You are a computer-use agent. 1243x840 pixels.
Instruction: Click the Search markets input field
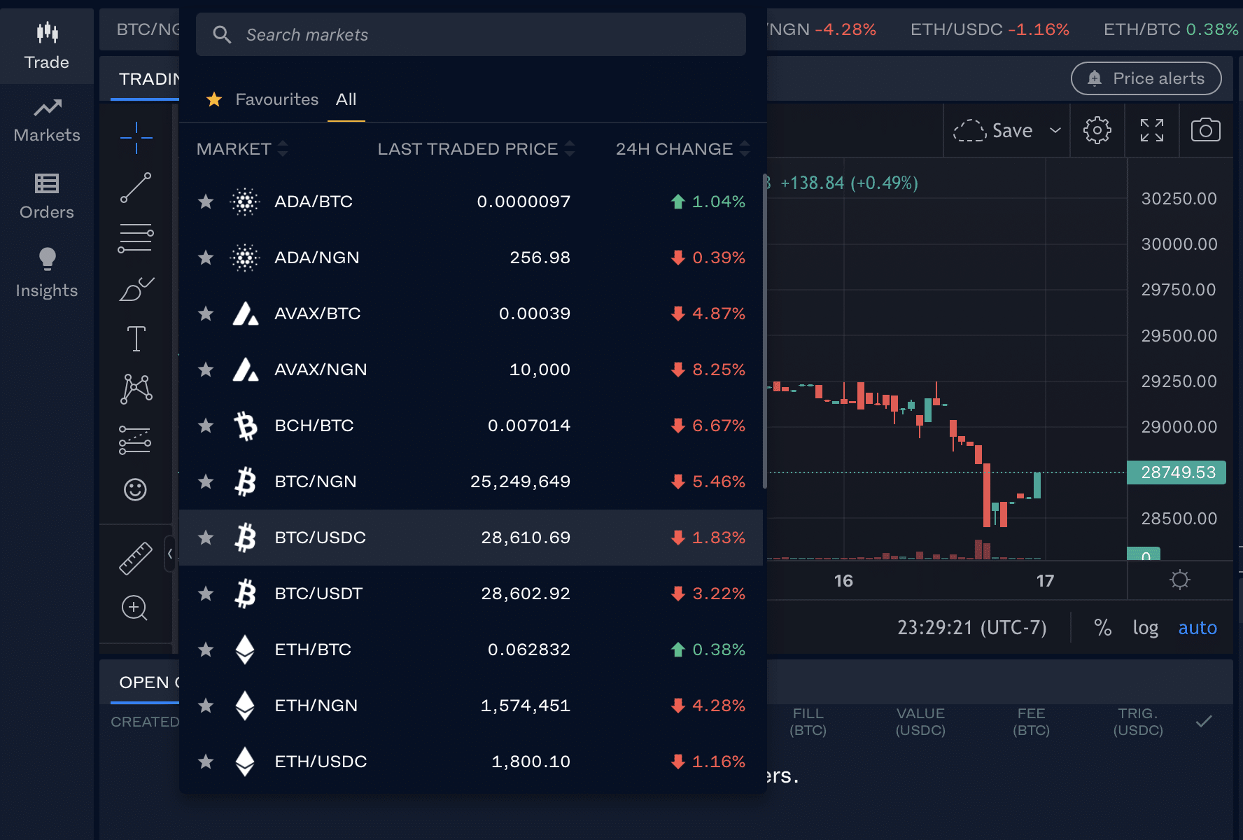[470, 35]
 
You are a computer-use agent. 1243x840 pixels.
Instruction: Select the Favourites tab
[276, 99]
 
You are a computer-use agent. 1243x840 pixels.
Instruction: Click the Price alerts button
[1146, 78]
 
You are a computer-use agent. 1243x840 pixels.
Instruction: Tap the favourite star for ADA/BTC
[206, 202]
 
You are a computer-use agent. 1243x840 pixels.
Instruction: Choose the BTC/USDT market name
[318, 594]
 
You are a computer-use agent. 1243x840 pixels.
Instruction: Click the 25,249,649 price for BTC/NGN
[520, 482]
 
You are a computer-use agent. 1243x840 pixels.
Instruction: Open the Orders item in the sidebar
[47, 197]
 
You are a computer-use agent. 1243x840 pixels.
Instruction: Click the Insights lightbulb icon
[47, 259]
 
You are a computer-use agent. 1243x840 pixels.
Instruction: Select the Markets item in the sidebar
[47, 121]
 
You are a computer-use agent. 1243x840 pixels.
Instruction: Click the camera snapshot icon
[1205, 130]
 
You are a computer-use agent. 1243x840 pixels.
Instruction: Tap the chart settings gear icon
[1097, 130]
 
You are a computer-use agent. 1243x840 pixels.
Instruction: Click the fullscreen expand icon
[1151, 130]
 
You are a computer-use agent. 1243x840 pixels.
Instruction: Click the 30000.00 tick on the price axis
[1179, 244]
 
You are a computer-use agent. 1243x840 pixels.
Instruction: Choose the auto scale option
[1197, 628]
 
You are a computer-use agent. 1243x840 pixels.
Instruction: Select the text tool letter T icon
[136, 339]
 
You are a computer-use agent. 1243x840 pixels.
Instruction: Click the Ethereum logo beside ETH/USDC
[245, 762]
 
